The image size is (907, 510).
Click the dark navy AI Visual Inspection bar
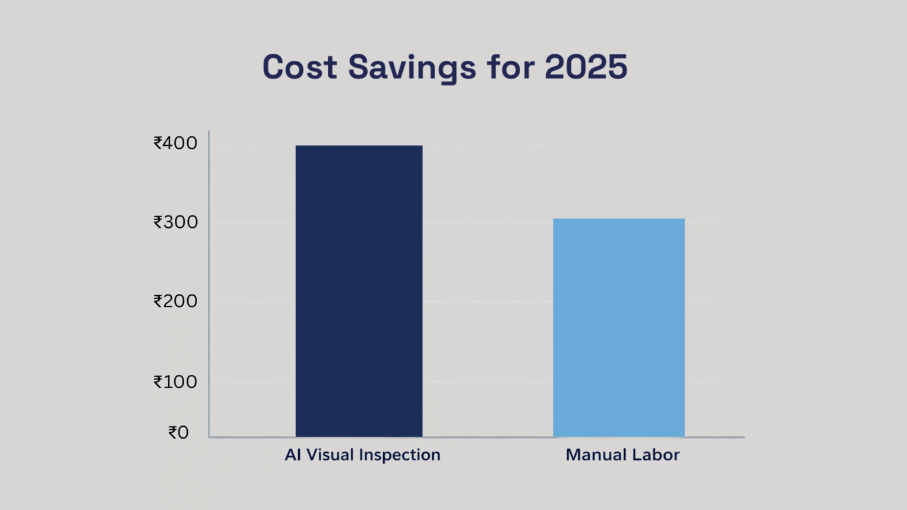pos(359,291)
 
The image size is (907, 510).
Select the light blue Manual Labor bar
pos(619,328)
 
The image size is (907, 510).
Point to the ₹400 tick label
pos(175,143)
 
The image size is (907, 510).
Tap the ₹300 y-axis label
pos(175,222)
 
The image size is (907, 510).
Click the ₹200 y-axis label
pos(175,301)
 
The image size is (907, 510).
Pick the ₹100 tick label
pos(175,382)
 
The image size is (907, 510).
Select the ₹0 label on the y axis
pos(178,433)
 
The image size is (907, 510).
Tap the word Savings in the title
pos(412,68)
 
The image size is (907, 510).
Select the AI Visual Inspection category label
pos(363,455)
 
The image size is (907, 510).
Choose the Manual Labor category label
pos(622,455)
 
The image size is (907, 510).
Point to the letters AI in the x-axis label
pos(292,455)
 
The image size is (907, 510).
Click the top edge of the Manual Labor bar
pos(619,219)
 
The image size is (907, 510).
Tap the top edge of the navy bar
pos(359,146)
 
